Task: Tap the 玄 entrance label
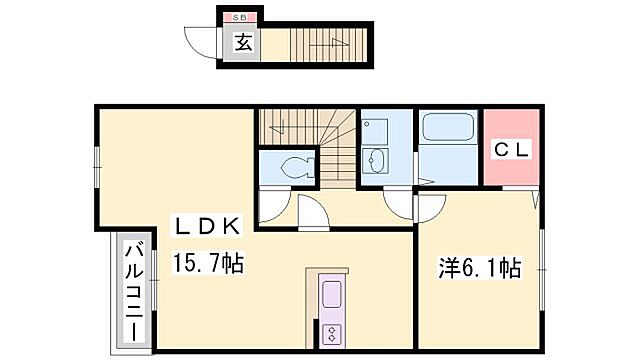pos(241,42)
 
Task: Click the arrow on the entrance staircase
pos(335,43)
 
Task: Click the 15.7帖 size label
pos(209,265)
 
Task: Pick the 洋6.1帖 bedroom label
pos(480,267)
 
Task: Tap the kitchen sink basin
pos(331,296)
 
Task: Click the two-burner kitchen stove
pos(331,333)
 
